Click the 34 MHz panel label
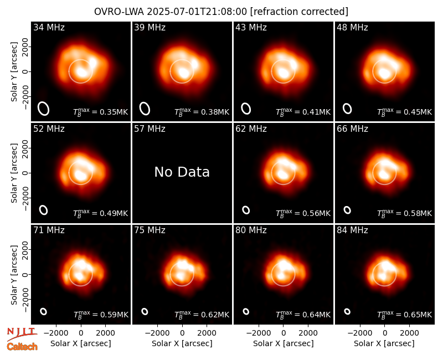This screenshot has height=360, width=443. [x=49, y=27]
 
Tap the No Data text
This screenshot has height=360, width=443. [x=182, y=172]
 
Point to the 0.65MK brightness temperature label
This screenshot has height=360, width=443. [x=405, y=314]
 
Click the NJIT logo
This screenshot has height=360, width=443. [x=22, y=333]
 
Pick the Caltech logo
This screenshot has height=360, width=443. [x=22, y=347]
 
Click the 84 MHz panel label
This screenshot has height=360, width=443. [x=352, y=230]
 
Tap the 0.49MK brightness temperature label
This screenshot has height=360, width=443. [x=101, y=213]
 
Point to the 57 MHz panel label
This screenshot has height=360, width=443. [x=150, y=129]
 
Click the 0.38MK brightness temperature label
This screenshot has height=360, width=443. [x=202, y=112]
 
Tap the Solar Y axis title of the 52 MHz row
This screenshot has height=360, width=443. [x=14, y=173]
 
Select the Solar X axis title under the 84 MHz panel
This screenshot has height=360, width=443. [x=384, y=343]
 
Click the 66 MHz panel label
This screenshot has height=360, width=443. [x=352, y=129]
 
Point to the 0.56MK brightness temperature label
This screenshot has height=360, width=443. [x=303, y=213]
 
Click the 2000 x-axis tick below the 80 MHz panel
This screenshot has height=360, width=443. [x=308, y=333]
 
